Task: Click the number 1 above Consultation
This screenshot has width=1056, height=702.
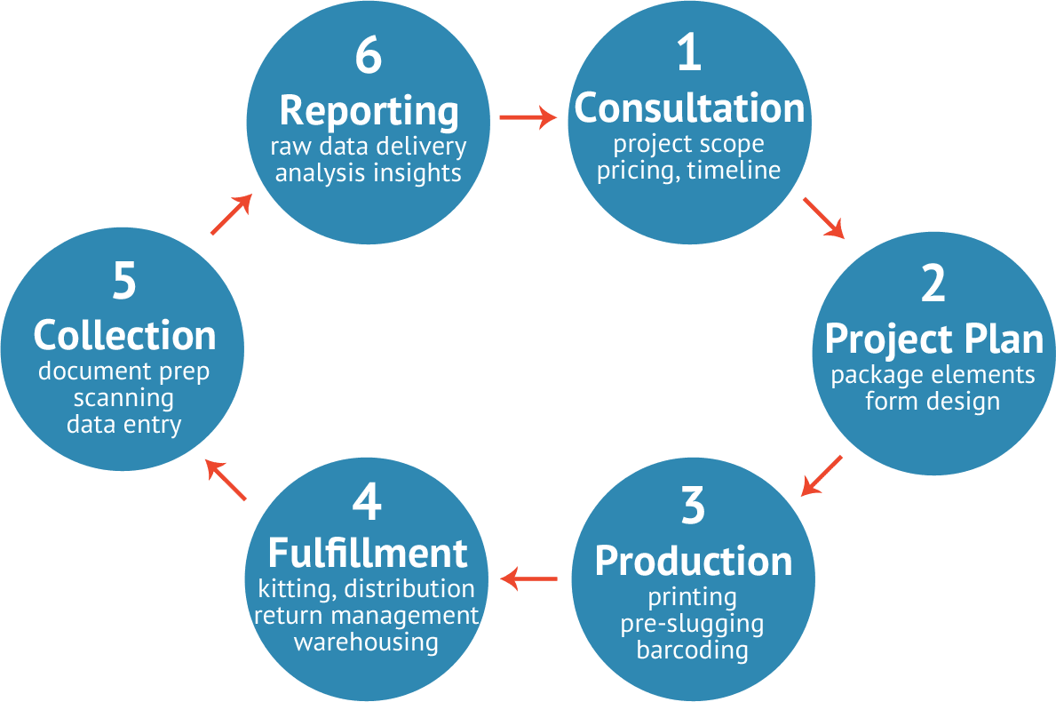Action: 689,53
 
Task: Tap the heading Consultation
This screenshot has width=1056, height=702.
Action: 689,108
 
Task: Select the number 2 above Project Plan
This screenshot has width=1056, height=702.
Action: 933,283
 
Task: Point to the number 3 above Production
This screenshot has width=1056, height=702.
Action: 693,506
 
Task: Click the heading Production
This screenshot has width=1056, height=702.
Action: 693,561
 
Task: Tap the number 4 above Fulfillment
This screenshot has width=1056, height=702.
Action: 367,501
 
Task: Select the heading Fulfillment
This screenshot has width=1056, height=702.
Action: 367,553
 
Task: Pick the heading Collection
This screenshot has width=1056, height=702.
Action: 124,336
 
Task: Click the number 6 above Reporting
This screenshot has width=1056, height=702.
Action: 368,56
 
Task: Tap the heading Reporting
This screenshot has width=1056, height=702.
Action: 369,111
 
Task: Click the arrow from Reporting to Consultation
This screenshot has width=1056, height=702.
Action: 528,117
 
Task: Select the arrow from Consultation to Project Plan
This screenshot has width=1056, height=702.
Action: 823,218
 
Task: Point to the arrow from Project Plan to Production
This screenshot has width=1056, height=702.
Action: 821,475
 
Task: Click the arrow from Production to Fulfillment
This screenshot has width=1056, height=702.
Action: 529,579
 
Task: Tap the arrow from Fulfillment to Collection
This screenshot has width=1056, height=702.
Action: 226,480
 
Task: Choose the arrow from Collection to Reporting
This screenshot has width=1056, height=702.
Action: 232,214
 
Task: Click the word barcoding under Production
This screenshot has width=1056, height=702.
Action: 692,650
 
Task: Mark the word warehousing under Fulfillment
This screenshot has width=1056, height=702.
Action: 366,641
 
